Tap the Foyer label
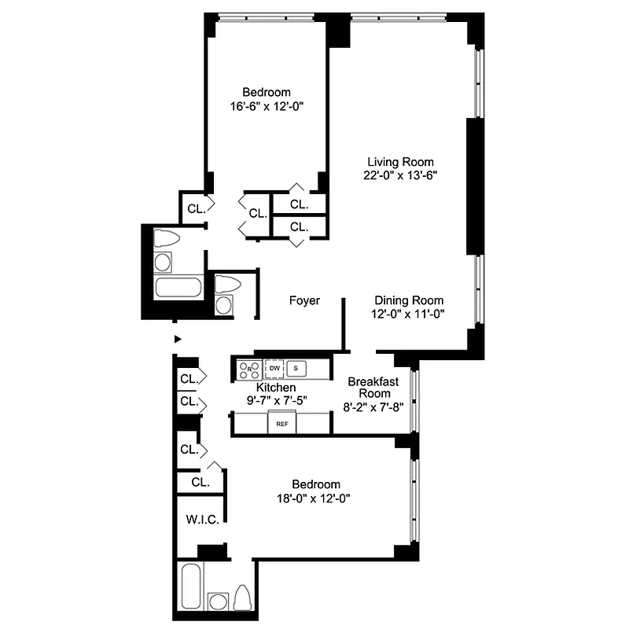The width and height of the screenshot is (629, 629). pyautogui.click(x=304, y=300)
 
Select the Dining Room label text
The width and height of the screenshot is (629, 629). pyautogui.click(x=409, y=300)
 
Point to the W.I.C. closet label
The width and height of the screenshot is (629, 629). pyautogui.click(x=202, y=520)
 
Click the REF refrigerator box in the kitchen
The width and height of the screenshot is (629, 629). pyautogui.click(x=282, y=424)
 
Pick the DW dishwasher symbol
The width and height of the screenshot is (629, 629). pyautogui.click(x=274, y=367)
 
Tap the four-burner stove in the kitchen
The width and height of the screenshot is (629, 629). pyautogui.click(x=249, y=368)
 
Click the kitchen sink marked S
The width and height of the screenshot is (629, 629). pyautogui.click(x=296, y=367)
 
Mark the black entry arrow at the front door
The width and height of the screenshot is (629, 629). pyautogui.click(x=178, y=340)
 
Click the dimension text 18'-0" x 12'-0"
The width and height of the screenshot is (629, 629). pyautogui.click(x=316, y=498)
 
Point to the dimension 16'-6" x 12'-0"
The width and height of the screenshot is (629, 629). pyautogui.click(x=267, y=106)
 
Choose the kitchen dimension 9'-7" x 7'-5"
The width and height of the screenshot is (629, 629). pyautogui.click(x=277, y=400)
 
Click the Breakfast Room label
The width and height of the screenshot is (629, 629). pyautogui.click(x=375, y=388)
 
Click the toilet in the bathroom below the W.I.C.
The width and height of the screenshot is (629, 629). pyautogui.click(x=243, y=600)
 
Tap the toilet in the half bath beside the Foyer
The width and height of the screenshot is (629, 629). pyautogui.click(x=227, y=284)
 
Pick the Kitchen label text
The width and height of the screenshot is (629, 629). pyautogui.click(x=277, y=388)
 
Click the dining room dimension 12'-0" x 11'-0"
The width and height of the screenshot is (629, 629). pyautogui.click(x=409, y=313)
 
